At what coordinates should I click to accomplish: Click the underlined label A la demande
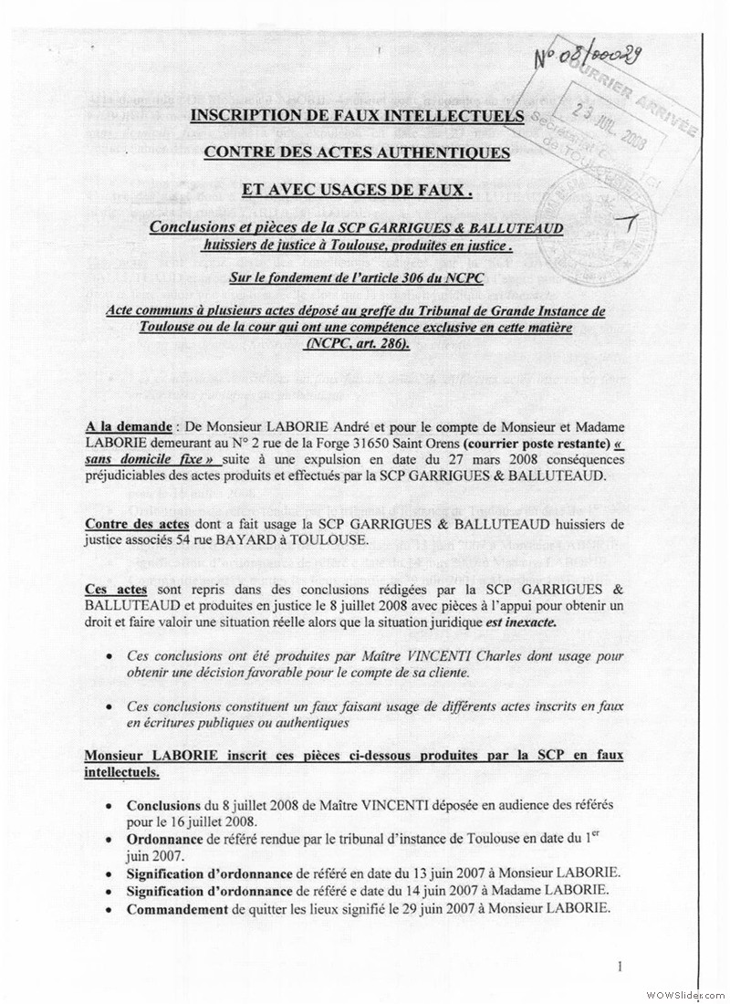[125, 426]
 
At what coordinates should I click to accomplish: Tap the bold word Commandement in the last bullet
[177, 908]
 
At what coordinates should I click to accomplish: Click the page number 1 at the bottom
[620, 967]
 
